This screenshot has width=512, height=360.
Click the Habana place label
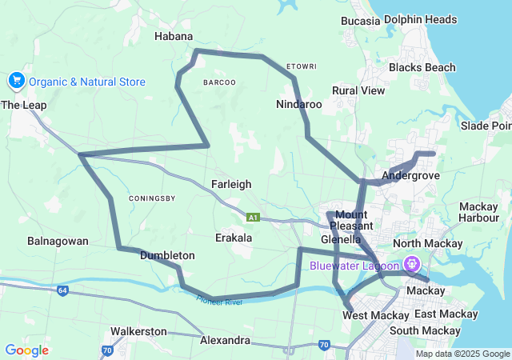pos(174,36)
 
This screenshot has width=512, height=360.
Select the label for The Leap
pos(23,105)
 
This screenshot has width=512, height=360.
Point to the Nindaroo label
pos(298,104)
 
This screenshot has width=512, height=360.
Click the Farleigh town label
pos(231,184)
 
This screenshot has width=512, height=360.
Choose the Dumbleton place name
pos(167,255)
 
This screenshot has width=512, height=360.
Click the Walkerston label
pos(138,330)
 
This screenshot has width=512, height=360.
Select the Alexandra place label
pos(225,340)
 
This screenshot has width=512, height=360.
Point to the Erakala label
pos(234,238)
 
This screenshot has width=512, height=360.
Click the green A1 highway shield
pos(253,217)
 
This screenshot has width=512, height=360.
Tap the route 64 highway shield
pos(62,290)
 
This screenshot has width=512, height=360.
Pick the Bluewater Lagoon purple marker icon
pos(412,262)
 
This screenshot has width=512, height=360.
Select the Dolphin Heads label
pos(420,19)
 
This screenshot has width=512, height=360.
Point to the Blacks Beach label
pos(422,67)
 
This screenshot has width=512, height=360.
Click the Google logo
pos(26,350)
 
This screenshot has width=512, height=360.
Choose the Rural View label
pos(358,90)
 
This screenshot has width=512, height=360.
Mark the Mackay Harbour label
pos(479,212)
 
